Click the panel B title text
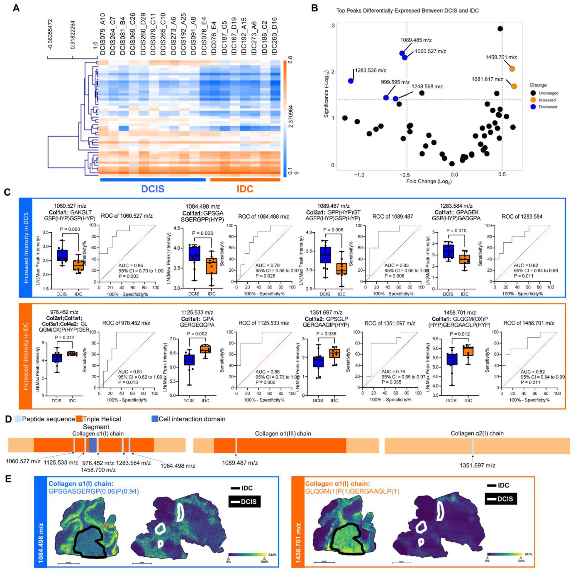pyautogui.click(x=407, y=11)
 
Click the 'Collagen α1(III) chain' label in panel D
pyautogui.click(x=283, y=434)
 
